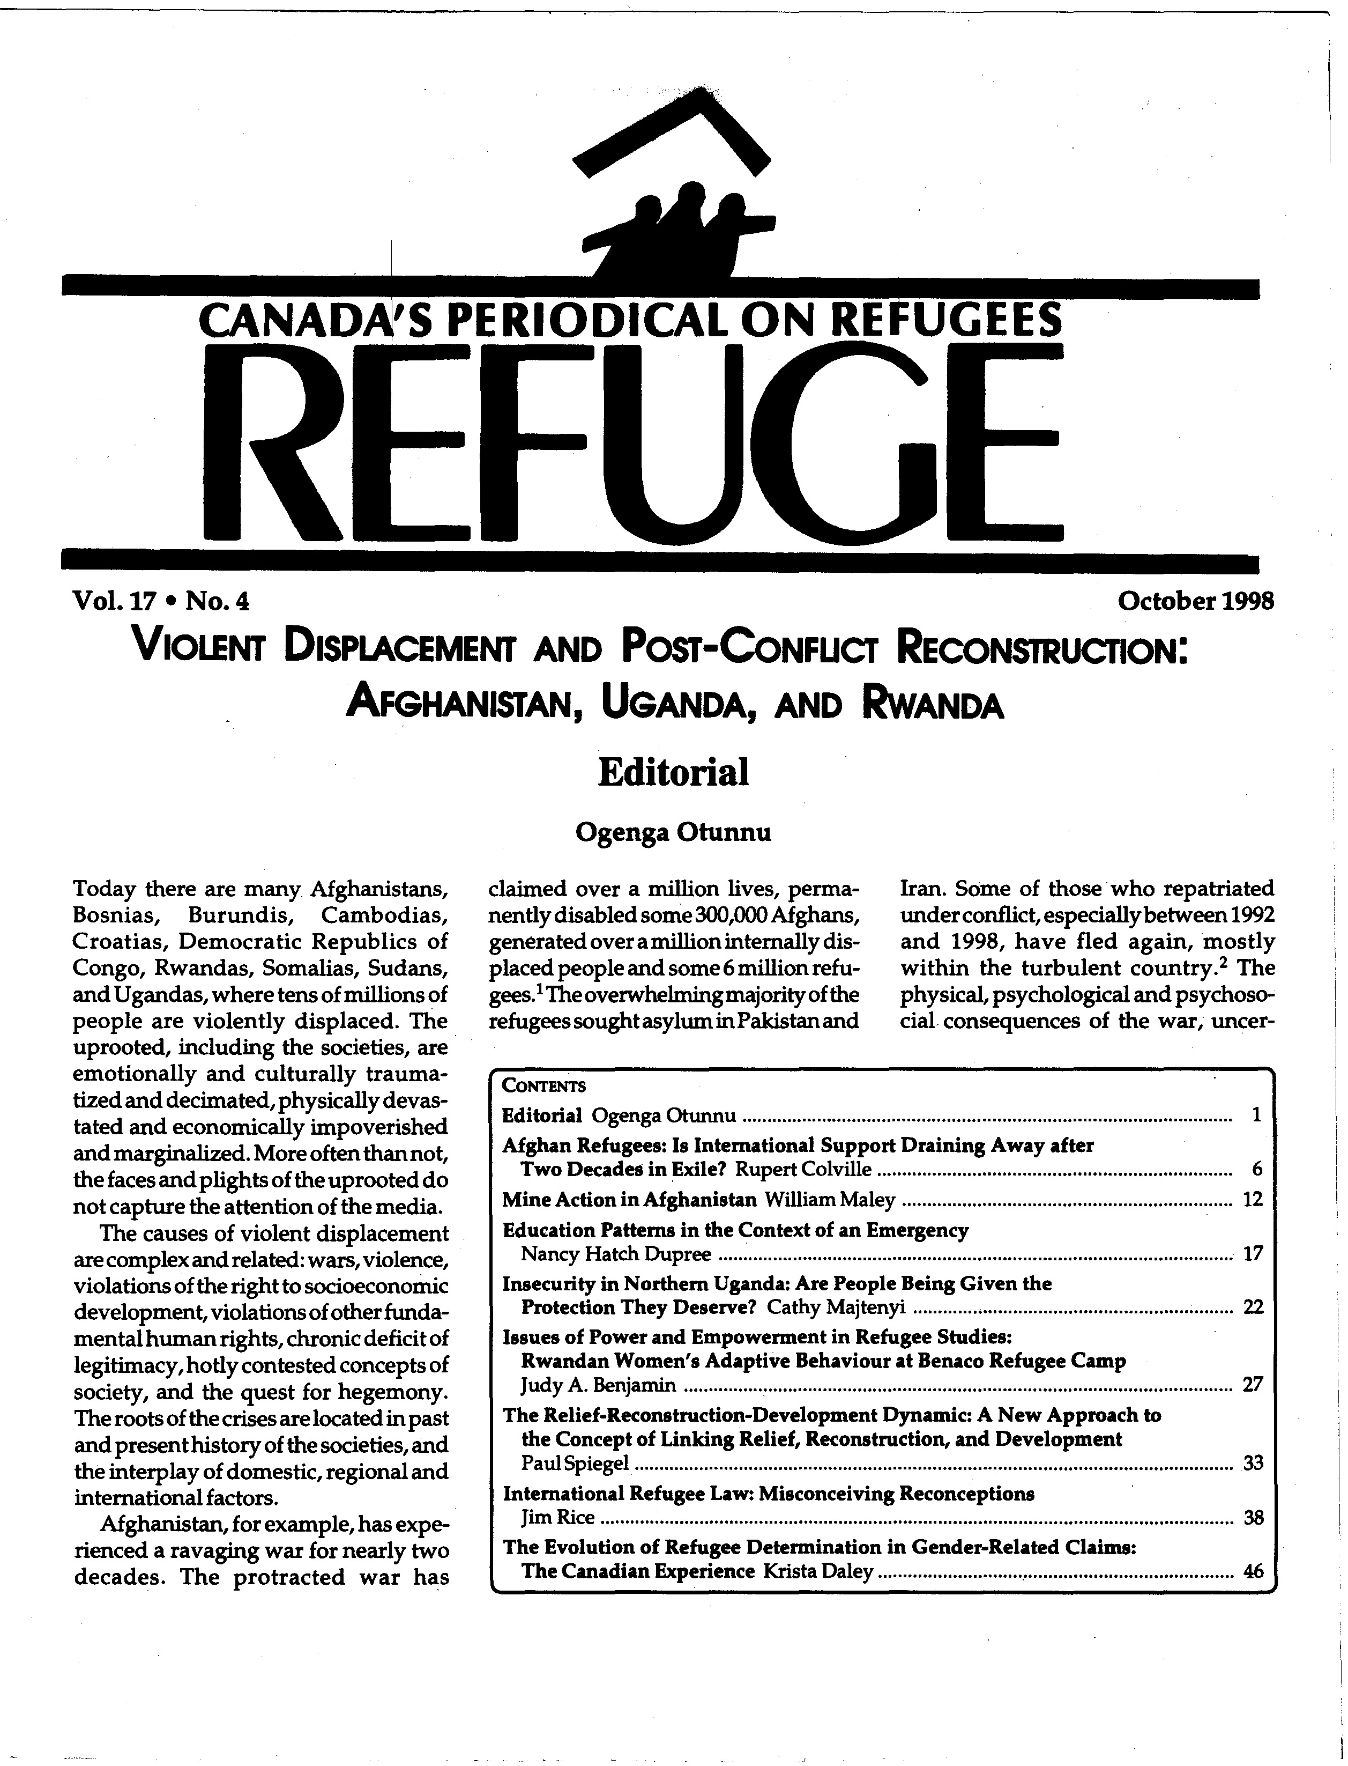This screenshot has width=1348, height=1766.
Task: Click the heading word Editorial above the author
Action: pos(674,772)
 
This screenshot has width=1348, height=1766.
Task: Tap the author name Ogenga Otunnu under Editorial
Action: pos(673,832)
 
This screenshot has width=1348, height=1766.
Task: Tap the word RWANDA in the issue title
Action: pos(933,706)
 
